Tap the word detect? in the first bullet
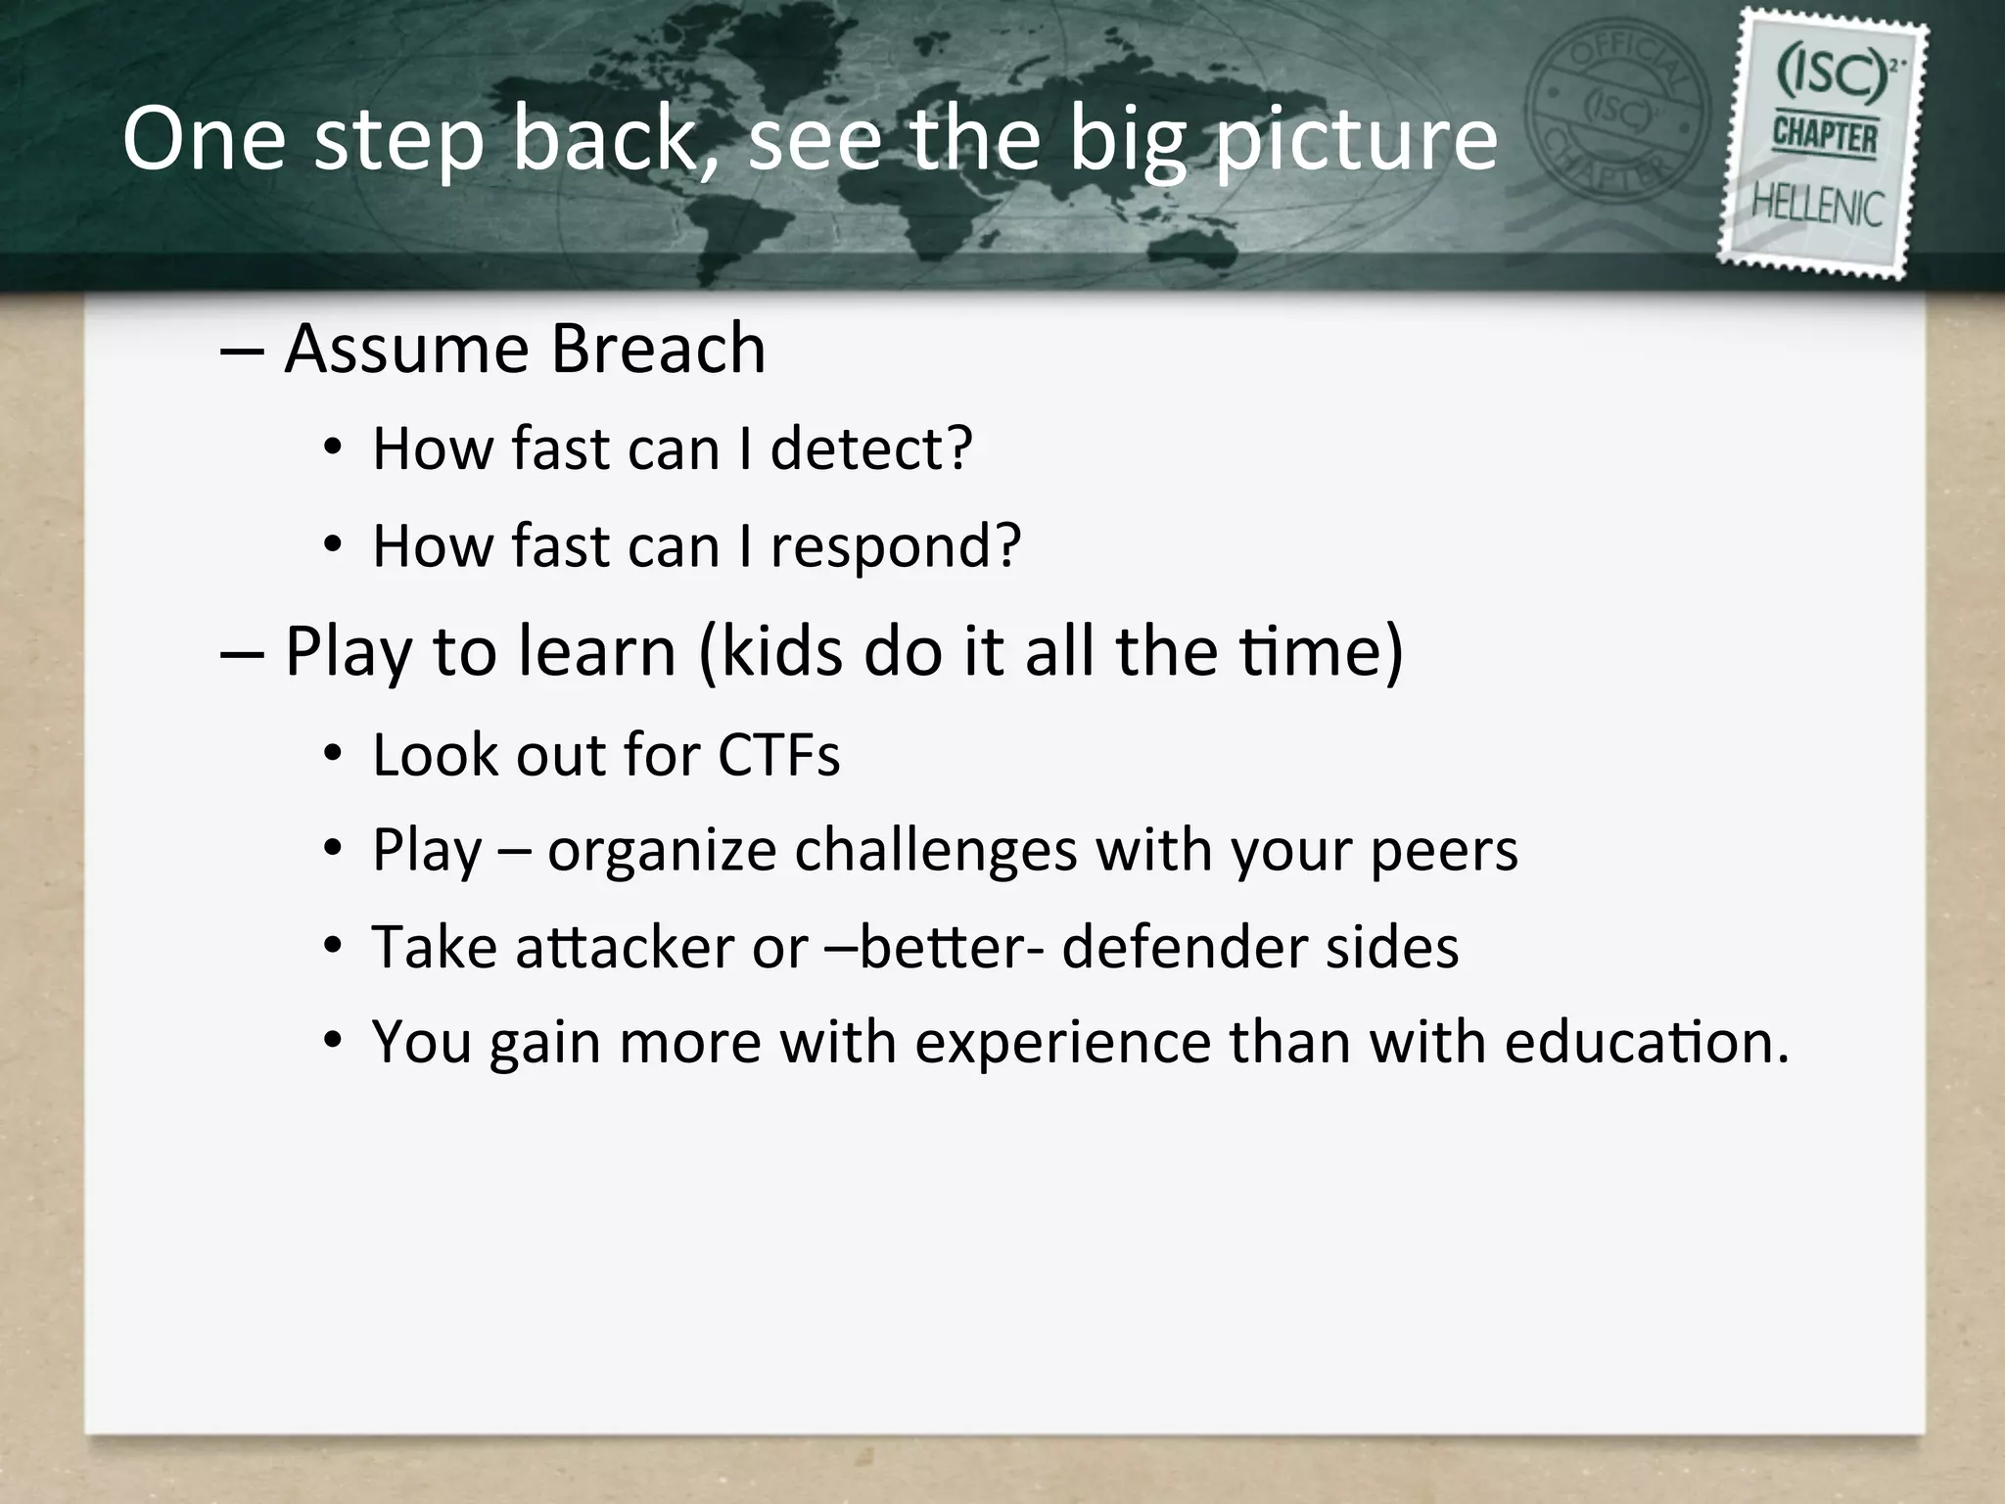point(871,448)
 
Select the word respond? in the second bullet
point(895,545)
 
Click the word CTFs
point(778,755)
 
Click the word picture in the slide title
point(1356,139)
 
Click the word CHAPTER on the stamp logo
point(1824,137)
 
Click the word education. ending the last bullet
point(1646,1041)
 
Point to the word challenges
point(935,850)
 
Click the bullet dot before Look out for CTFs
point(333,755)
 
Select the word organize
point(661,850)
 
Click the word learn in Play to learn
point(596,651)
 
